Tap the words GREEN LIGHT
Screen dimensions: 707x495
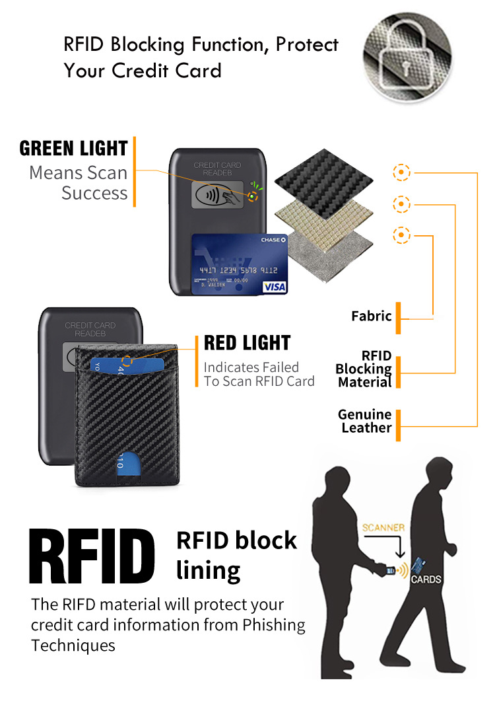(73, 148)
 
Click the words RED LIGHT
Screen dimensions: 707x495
(247, 343)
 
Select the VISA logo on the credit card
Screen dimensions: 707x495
(274, 287)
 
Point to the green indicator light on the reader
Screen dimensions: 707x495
(252, 196)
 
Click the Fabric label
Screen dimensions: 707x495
(371, 316)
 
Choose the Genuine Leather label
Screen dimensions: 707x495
(365, 421)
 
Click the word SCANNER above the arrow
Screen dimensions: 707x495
(383, 528)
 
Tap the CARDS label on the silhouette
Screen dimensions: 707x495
(426, 579)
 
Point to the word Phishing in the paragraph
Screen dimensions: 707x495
(270, 624)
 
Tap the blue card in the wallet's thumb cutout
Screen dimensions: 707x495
(119, 461)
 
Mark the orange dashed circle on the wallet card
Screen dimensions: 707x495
(127, 361)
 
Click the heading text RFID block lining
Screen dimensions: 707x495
(236, 554)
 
